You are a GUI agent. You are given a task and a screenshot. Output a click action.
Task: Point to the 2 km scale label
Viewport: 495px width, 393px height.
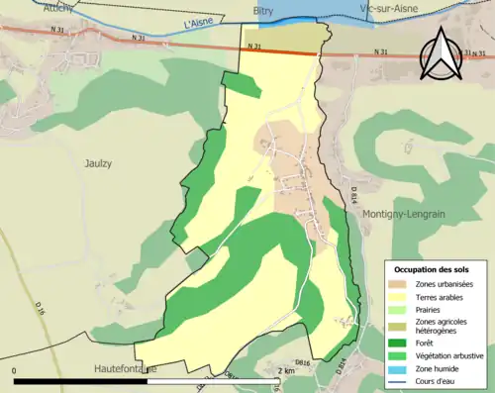click(x=286, y=370)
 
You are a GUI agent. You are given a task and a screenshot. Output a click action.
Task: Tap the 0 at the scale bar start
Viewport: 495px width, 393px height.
click(x=15, y=370)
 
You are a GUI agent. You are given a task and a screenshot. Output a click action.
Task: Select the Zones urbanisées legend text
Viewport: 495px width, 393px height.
click(x=444, y=285)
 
